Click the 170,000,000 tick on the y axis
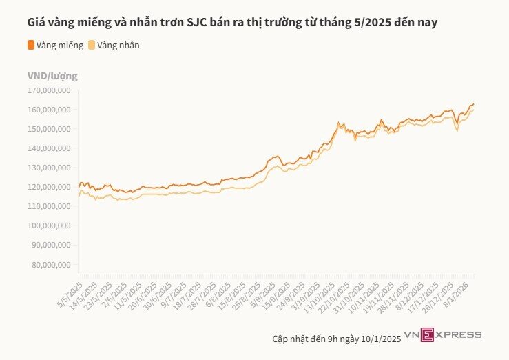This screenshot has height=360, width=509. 50,90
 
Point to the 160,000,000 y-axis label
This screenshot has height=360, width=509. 50,110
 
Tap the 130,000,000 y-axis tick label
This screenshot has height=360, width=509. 50,168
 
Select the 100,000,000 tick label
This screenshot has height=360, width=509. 50,226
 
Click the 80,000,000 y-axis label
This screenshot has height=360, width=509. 52,264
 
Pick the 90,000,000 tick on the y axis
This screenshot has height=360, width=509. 52,245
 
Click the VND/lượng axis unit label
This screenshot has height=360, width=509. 52,75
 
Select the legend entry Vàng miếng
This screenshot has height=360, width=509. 55,46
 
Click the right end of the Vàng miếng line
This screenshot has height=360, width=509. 474,104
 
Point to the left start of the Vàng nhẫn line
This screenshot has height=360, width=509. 79,197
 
